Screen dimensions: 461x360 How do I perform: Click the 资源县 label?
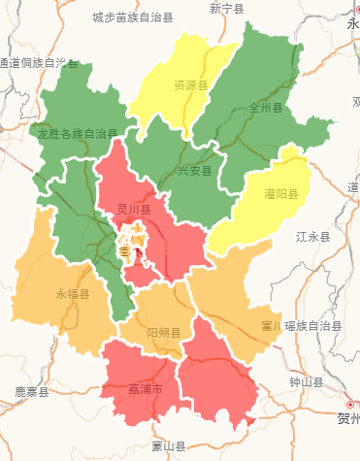point(191,84)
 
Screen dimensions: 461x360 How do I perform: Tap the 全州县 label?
point(265,108)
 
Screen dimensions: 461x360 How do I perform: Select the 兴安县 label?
point(194,171)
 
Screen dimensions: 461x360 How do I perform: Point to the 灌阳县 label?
point(280,194)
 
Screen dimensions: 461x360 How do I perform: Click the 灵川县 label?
point(133,209)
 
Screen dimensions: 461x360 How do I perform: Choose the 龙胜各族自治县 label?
point(78,134)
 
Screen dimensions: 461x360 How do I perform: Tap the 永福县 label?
point(72,293)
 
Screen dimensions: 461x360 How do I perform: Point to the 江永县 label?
point(312,236)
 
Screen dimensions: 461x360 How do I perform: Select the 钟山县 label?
point(305,382)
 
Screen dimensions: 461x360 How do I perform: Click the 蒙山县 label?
point(168,445)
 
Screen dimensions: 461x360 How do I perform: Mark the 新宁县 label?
point(227,8)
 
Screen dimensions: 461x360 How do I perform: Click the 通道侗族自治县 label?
point(39,63)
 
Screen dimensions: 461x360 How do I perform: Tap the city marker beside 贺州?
point(349,404)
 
